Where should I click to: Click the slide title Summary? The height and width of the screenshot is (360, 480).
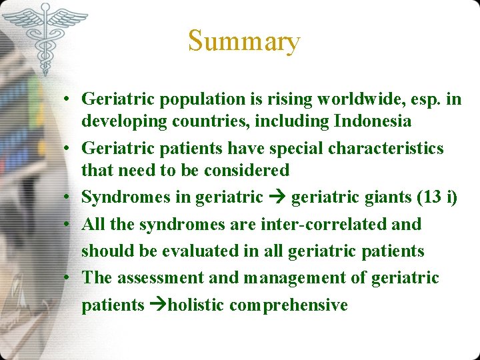(x=244, y=41)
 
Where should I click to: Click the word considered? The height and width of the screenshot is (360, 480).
(x=247, y=170)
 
